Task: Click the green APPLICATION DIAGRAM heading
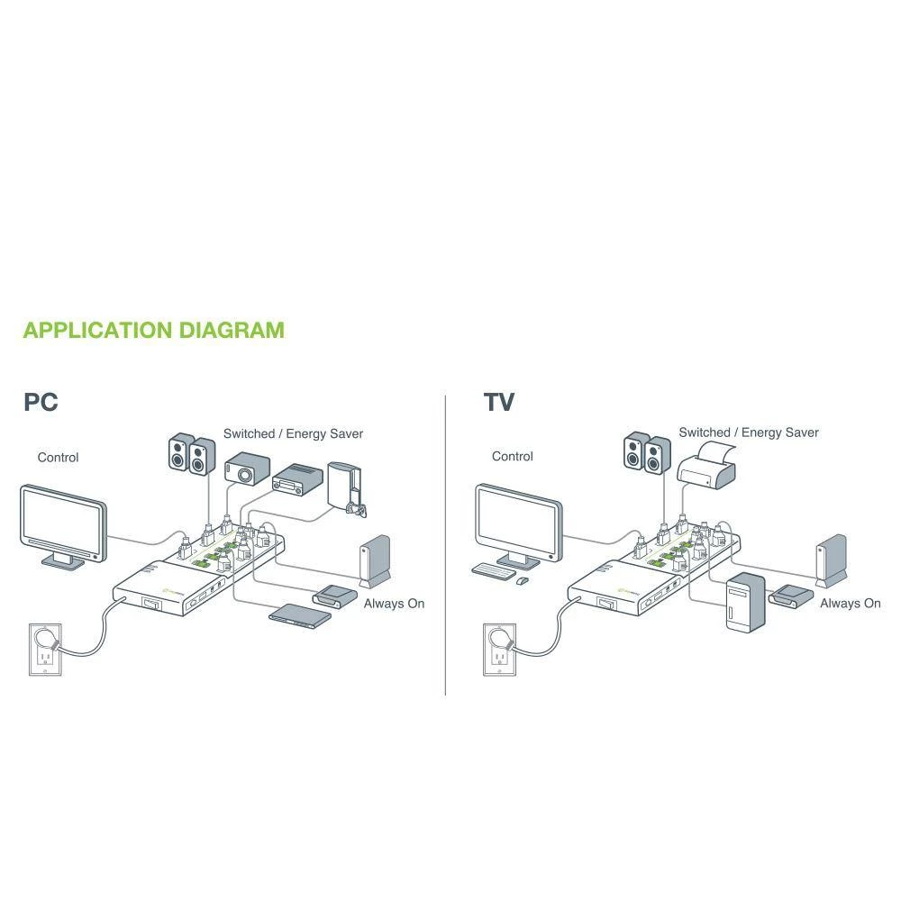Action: [153, 330]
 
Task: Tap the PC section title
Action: [41, 402]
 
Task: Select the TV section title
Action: [498, 402]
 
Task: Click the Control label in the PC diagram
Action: [58, 458]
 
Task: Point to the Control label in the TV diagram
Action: [512, 457]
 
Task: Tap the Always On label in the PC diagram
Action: [394, 604]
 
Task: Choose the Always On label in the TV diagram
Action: [850, 604]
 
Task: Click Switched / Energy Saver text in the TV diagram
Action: [749, 432]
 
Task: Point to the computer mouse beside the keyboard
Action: [522, 581]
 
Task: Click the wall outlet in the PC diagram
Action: [42, 648]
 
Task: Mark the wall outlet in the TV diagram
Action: [497, 648]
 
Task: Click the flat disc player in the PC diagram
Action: [301, 614]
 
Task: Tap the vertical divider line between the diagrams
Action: [446, 541]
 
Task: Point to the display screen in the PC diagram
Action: [63, 521]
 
